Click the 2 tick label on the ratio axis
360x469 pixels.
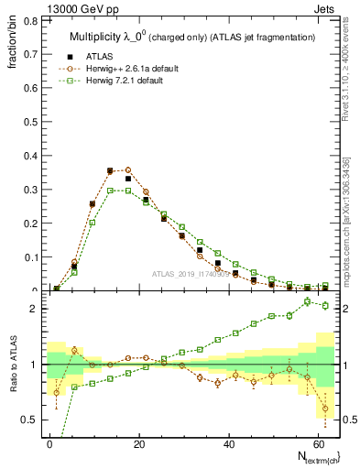(x=30, y=309)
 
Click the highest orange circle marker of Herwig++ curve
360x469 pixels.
(x=127, y=169)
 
